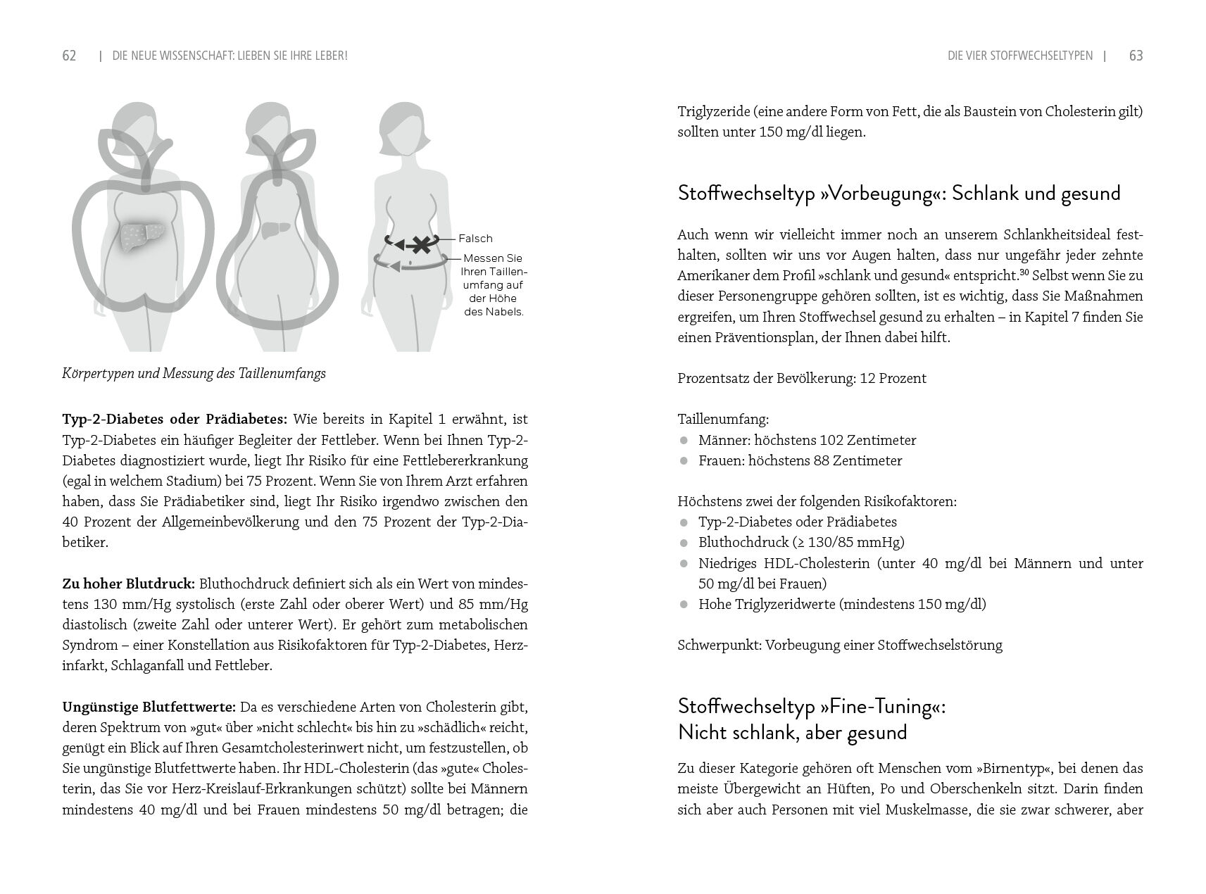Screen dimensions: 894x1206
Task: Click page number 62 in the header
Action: (x=69, y=56)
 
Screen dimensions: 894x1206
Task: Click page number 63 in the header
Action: (x=1136, y=56)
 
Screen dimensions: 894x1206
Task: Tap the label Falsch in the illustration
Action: (x=476, y=239)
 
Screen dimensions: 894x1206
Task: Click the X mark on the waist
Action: (x=420, y=245)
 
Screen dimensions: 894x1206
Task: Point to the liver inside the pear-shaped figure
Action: (x=275, y=230)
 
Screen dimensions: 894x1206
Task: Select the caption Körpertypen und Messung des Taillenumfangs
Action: (x=194, y=374)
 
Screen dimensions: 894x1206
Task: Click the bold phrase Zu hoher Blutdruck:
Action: (x=129, y=584)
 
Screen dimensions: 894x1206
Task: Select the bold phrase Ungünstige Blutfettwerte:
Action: (x=149, y=707)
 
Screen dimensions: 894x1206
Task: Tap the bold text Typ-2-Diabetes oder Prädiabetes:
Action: (x=175, y=420)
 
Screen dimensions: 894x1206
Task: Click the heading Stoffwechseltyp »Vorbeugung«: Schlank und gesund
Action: (x=898, y=194)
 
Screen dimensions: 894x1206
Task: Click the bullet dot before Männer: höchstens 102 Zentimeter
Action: (x=683, y=441)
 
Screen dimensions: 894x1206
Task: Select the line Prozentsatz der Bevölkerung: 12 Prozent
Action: (x=801, y=379)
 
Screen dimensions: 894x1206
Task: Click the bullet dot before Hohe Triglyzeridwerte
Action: (x=683, y=605)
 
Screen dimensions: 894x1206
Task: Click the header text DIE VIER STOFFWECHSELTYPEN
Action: (x=1020, y=56)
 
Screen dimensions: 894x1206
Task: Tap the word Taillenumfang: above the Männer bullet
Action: (x=723, y=420)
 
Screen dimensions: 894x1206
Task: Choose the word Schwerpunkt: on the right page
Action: (x=719, y=646)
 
